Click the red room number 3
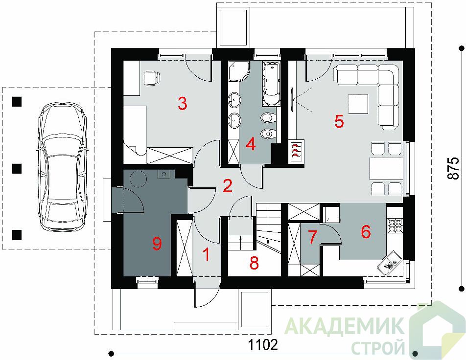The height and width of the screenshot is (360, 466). [183, 104]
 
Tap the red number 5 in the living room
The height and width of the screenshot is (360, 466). [339, 121]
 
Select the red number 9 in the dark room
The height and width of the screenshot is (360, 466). [157, 244]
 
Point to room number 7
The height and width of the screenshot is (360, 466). [312, 237]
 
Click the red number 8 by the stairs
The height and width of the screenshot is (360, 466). [254, 263]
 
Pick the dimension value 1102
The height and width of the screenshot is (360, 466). [263, 345]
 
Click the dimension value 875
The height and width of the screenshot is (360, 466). [453, 168]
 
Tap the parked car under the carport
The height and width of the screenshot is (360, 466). [63, 167]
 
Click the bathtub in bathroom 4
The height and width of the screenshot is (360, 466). [271, 84]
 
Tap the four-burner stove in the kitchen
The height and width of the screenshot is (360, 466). [395, 225]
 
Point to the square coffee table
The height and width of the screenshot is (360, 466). [358, 104]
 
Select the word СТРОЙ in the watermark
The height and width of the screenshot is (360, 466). [378, 346]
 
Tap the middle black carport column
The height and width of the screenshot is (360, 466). [17, 168]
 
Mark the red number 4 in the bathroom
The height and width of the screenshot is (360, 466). [251, 145]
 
